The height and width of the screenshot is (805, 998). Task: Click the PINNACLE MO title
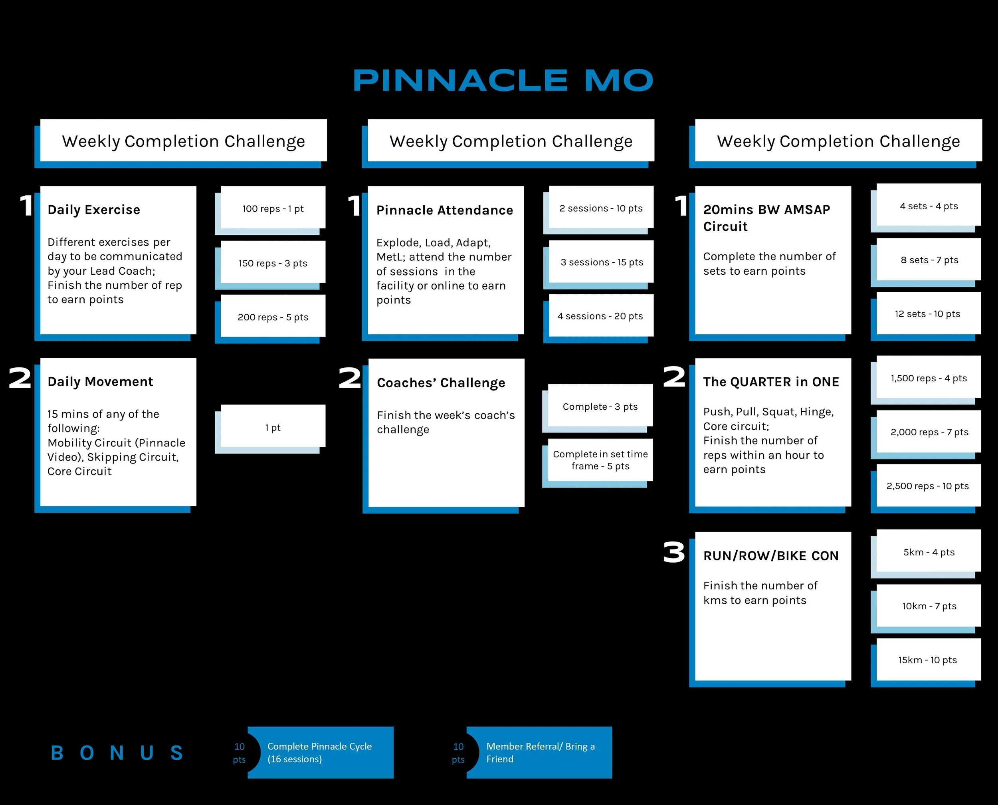[x=503, y=80]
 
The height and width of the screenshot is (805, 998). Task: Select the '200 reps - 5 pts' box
[x=273, y=317]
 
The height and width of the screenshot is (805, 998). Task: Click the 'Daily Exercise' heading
[x=94, y=210]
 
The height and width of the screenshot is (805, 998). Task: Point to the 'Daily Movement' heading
[x=100, y=382]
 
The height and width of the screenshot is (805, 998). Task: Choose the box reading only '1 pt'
[x=273, y=428]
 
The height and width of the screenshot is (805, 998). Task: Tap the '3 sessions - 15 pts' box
[x=602, y=262]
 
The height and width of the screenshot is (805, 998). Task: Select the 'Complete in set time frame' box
[x=600, y=460]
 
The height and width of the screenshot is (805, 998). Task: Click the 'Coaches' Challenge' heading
[x=441, y=383]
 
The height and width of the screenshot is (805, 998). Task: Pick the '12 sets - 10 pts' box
[x=928, y=314]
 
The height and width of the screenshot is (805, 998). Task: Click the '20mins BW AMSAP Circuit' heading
[x=766, y=218]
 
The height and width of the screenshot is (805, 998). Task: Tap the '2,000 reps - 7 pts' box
[x=929, y=432]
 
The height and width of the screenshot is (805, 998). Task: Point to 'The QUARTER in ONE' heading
[x=771, y=382]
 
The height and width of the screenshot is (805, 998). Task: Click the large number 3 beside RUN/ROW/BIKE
[x=673, y=553]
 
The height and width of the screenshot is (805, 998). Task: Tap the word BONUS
[x=117, y=753]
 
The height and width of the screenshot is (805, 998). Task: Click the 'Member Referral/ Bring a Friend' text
[x=540, y=753]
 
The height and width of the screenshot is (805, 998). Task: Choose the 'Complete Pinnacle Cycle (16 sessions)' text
[x=319, y=753]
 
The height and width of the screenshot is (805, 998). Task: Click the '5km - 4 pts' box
[x=929, y=552]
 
